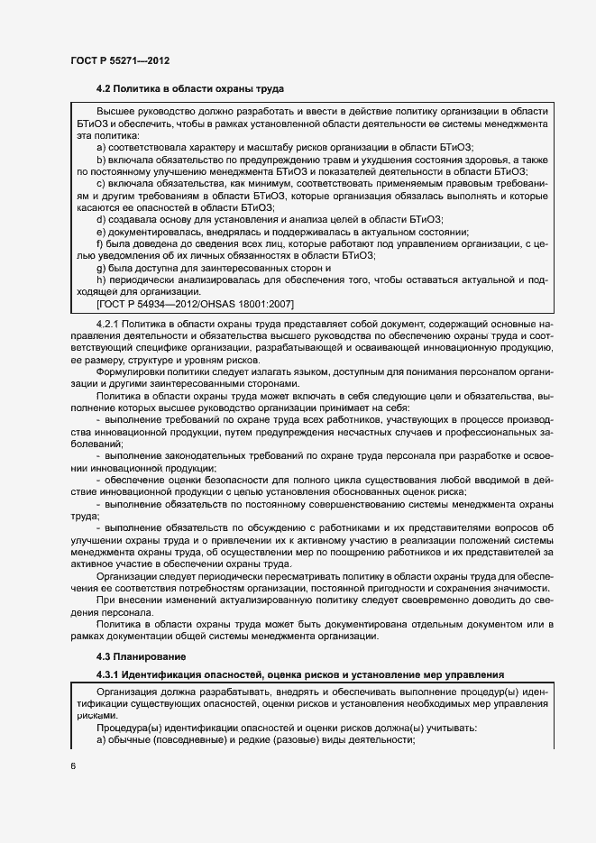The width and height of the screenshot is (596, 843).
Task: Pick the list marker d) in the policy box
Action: (x=102, y=219)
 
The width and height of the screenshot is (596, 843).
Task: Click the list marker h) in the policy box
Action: (x=102, y=280)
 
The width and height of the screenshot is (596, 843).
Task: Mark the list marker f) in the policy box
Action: (x=101, y=243)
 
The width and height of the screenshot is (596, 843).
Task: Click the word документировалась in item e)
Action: (x=153, y=232)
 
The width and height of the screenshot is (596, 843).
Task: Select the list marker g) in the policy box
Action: (x=102, y=268)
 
